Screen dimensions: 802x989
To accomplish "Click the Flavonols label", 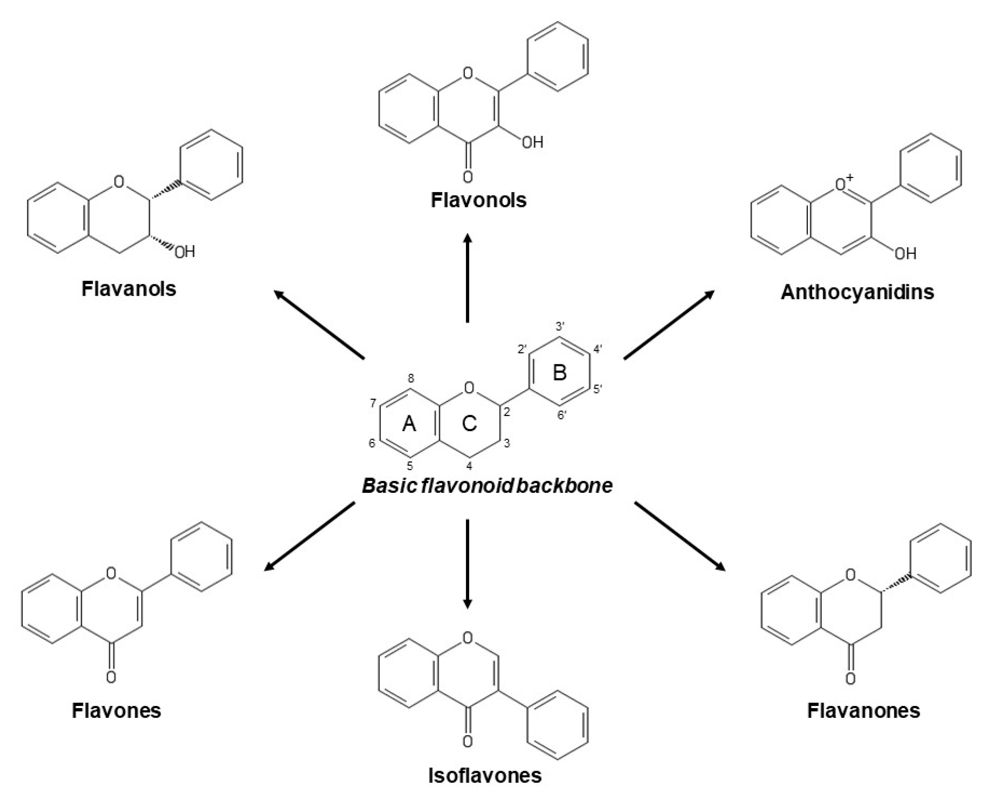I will coord(478,200).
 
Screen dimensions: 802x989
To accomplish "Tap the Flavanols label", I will coord(129,289).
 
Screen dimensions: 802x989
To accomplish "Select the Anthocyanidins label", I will coord(857,292).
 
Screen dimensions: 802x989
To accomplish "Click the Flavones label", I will coord(116,711).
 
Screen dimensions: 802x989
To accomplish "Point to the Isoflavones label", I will coord(485,776).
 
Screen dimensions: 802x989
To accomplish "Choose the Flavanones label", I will coord(863,711).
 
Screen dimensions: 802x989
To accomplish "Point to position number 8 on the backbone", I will coord(410,379).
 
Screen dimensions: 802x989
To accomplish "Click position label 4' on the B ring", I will coord(597,349).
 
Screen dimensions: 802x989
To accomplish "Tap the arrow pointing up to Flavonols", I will coord(468,277).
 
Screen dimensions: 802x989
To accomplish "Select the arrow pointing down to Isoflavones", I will coord(468,564).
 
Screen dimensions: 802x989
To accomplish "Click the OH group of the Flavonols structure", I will coord(532,142).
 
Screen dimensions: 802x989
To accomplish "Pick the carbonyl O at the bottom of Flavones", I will coord(111,677).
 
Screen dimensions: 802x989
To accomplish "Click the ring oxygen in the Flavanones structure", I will coord(850,575).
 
